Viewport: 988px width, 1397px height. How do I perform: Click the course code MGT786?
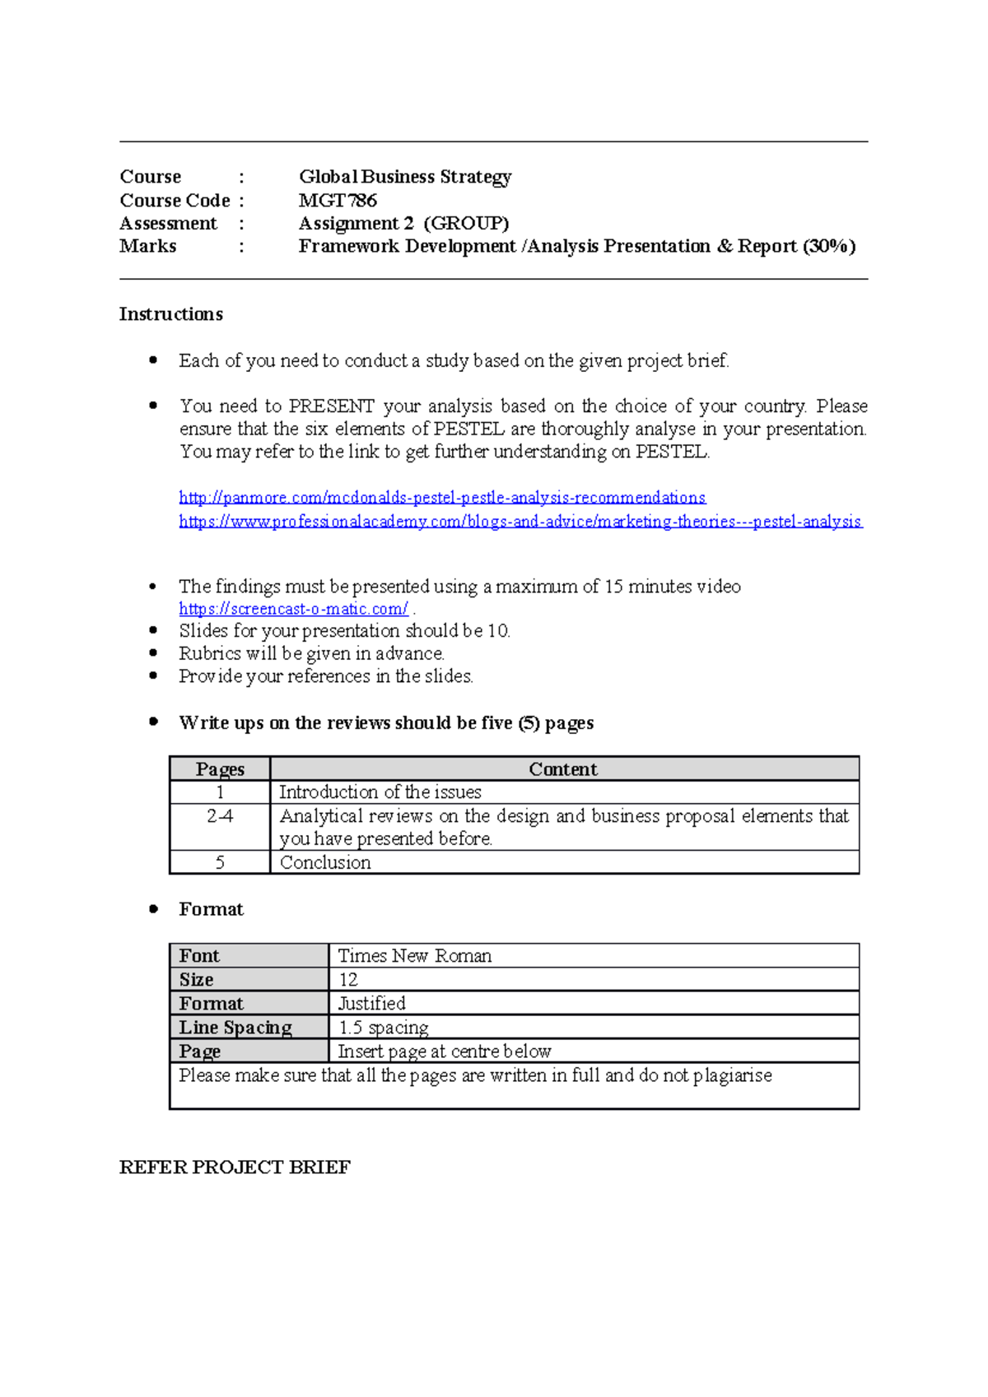[x=338, y=200]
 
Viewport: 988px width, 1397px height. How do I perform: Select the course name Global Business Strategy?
[x=405, y=177]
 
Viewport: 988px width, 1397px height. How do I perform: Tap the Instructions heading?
[x=171, y=314]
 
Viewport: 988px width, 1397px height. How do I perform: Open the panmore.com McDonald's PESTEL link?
[x=442, y=498]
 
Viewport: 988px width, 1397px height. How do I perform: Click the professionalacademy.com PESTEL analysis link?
[x=520, y=522]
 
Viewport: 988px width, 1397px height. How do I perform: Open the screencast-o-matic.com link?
[x=293, y=609]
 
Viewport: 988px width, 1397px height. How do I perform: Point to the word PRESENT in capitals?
[x=332, y=406]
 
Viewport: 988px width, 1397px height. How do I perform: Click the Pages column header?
[x=220, y=769]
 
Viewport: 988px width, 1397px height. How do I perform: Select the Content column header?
[x=563, y=769]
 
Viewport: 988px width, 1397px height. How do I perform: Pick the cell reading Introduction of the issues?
[x=380, y=792]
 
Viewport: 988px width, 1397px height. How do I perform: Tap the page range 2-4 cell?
[x=220, y=816]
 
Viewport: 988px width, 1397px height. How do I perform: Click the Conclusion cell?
[x=325, y=862]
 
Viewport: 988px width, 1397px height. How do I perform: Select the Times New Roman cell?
[x=415, y=956]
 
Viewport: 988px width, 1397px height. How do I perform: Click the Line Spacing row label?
[x=235, y=1028]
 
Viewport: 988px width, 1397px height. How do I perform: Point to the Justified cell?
[x=372, y=1004]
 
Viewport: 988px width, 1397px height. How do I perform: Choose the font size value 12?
[x=348, y=980]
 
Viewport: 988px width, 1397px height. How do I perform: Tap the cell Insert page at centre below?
[x=445, y=1051]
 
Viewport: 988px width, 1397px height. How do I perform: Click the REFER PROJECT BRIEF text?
[x=235, y=1167]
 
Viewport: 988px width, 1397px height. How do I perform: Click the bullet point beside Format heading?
[x=153, y=909]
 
